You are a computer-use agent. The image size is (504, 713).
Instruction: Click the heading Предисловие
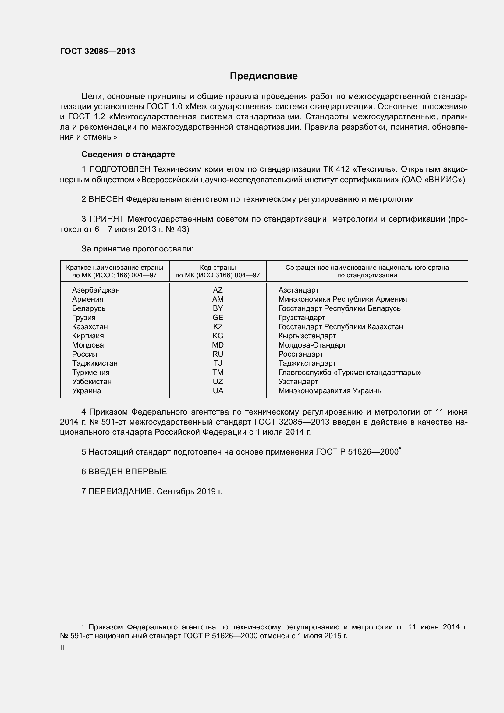[x=264, y=76]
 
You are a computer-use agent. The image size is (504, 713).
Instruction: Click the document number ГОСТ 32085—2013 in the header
[x=98, y=52]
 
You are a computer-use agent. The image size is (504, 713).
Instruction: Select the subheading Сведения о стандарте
[x=128, y=154]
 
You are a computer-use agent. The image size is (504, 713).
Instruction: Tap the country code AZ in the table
[x=218, y=290]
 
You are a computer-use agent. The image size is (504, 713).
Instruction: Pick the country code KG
[x=218, y=336]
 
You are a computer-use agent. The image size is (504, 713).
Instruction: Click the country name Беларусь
[x=89, y=308]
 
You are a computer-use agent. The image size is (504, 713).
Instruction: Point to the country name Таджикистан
[x=95, y=363]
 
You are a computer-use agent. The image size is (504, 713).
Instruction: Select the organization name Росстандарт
[x=300, y=354]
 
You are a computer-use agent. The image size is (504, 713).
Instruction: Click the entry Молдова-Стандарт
[x=312, y=345]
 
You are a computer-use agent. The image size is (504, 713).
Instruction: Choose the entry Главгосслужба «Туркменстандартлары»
[x=350, y=372]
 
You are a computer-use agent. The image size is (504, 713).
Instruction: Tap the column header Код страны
[x=218, y=268]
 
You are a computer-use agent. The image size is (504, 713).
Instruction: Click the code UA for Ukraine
[x=218, y=391]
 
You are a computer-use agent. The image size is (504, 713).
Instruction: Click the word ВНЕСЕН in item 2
[x=106, y=199]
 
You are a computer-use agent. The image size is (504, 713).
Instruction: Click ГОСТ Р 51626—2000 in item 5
[x=357, y=452]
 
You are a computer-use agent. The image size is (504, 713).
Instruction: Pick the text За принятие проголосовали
[x=137, y=249]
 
